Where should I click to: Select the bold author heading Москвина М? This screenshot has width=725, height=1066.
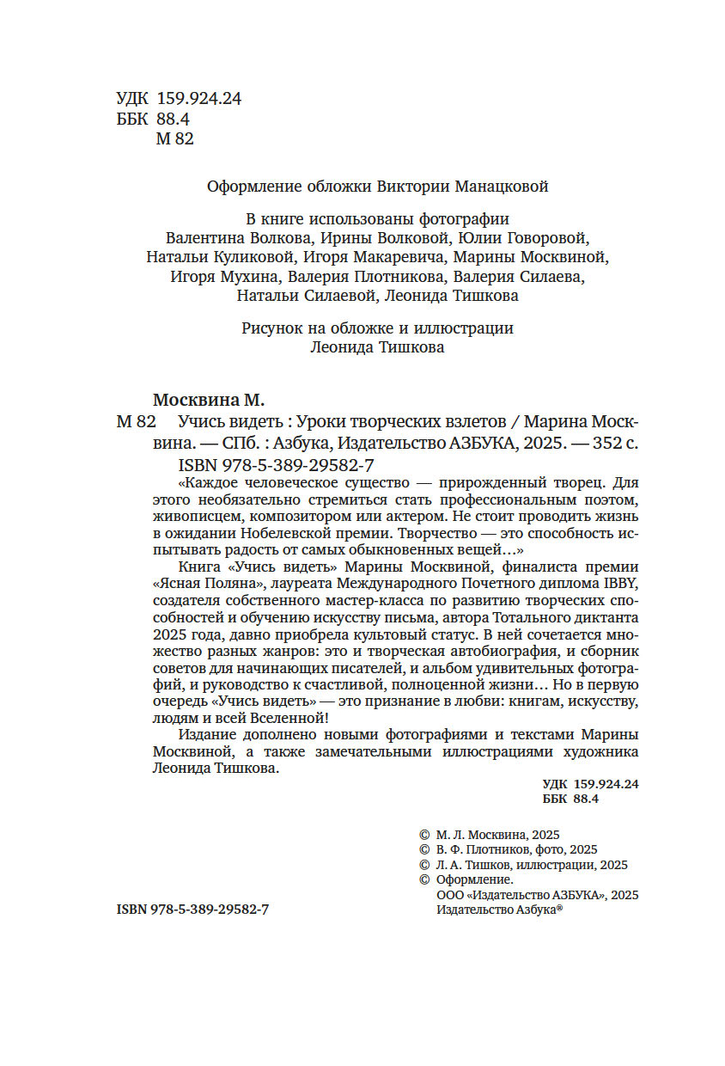click(209, 400)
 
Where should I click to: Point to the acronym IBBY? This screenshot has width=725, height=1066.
click(621, 582)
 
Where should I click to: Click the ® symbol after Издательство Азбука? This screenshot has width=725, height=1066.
click(559, 909)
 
